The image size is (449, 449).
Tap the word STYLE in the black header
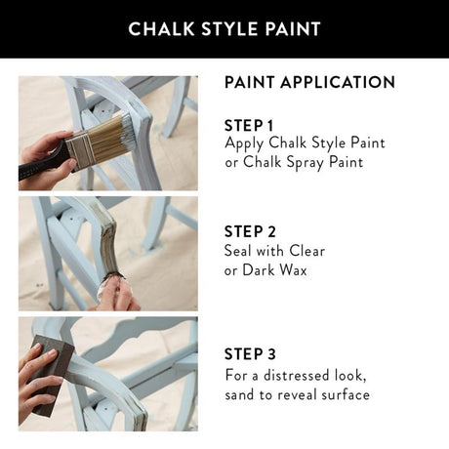[x=224, y=28]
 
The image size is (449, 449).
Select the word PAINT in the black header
[x=290, y=28]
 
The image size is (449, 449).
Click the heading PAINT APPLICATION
[x=309, y=82]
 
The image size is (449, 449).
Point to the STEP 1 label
[x=250, y=125]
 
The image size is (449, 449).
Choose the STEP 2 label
[x=250, y=231]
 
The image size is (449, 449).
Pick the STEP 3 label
[x=250, y=354]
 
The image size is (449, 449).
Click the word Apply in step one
[x=245, y=143]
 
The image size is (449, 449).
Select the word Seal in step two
[x=240, y=251]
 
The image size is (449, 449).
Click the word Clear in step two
[x=306, y=251]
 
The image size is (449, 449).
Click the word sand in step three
[x=241, y=394]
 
